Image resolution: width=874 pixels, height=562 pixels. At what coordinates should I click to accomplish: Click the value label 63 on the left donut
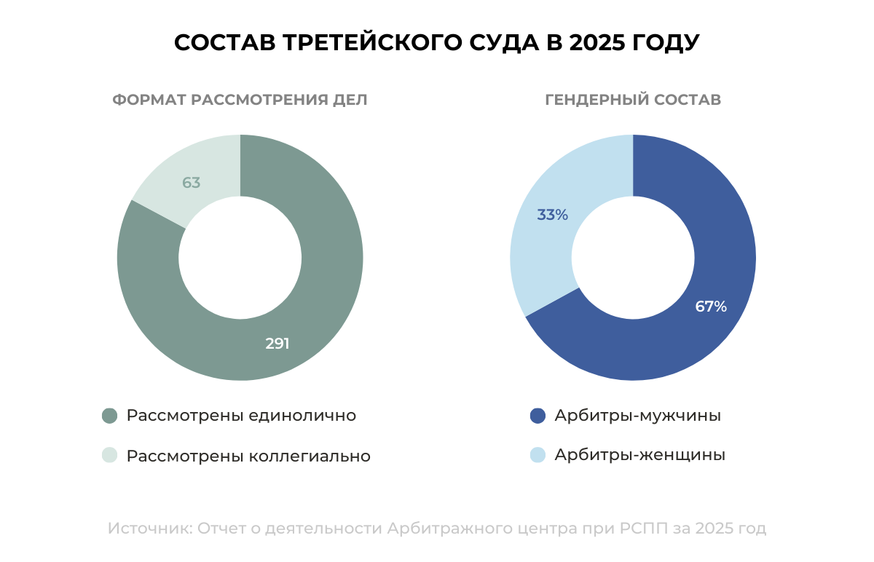point(192,183)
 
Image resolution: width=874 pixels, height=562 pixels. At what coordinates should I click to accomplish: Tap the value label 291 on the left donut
point(277,344)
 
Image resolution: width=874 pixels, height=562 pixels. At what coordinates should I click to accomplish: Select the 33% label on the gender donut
point(552,215)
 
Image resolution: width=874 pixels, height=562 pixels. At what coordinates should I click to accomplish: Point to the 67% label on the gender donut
point(711,306)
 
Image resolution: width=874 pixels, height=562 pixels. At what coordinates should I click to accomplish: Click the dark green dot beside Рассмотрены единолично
point(109,416)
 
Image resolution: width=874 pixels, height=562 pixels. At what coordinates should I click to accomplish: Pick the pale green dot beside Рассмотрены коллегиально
point(109,456)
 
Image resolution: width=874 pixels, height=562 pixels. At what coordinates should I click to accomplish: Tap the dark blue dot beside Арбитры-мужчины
point(538,416)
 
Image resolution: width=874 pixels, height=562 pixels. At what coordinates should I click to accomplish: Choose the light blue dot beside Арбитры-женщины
point(538,455)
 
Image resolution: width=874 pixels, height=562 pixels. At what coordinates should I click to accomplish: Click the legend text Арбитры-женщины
point(639,455)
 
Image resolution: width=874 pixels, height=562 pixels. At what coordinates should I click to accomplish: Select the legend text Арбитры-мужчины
point(637,416)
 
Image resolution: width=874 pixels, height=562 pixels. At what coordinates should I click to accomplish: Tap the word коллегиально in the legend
point(310,456)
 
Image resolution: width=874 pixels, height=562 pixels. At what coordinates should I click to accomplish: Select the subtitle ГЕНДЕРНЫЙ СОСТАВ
point(633,100)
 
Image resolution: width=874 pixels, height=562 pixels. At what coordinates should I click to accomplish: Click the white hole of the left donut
point(240,257)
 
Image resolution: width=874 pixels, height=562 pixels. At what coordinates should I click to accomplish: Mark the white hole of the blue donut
point(633,257)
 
